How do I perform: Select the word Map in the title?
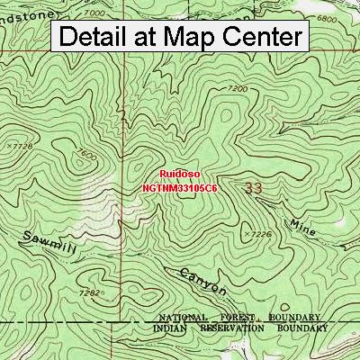point(179,37)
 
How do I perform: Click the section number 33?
point(254,188)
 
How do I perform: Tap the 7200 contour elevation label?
point(238,88)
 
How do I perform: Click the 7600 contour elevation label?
point(87,155)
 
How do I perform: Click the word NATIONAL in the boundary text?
point(188,319)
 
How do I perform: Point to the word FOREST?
point(241,319)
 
